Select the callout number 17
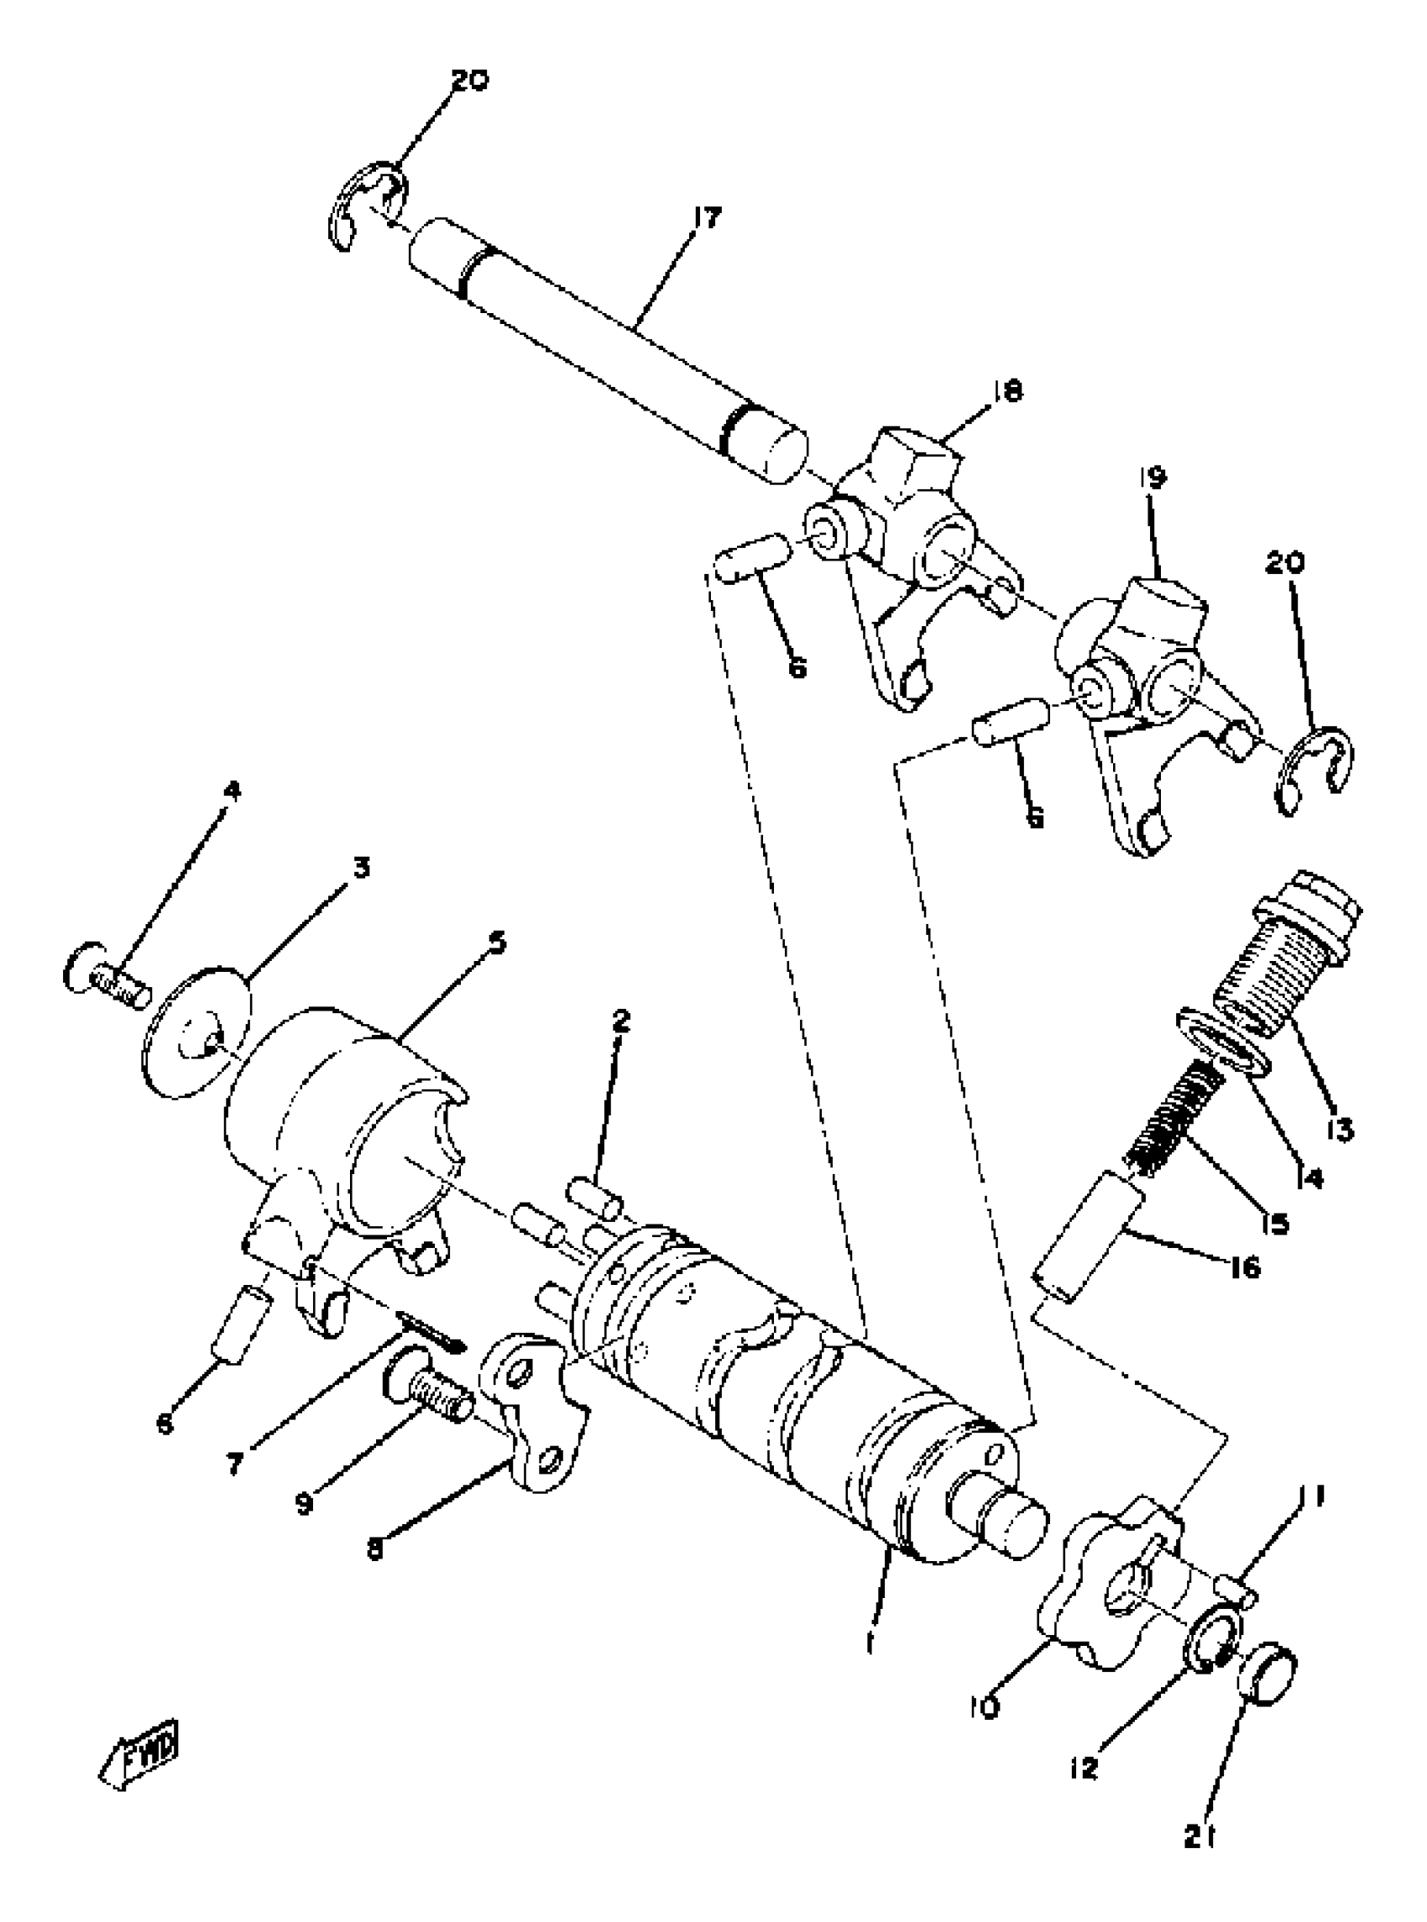pyautogui.click(x=706, y=218)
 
